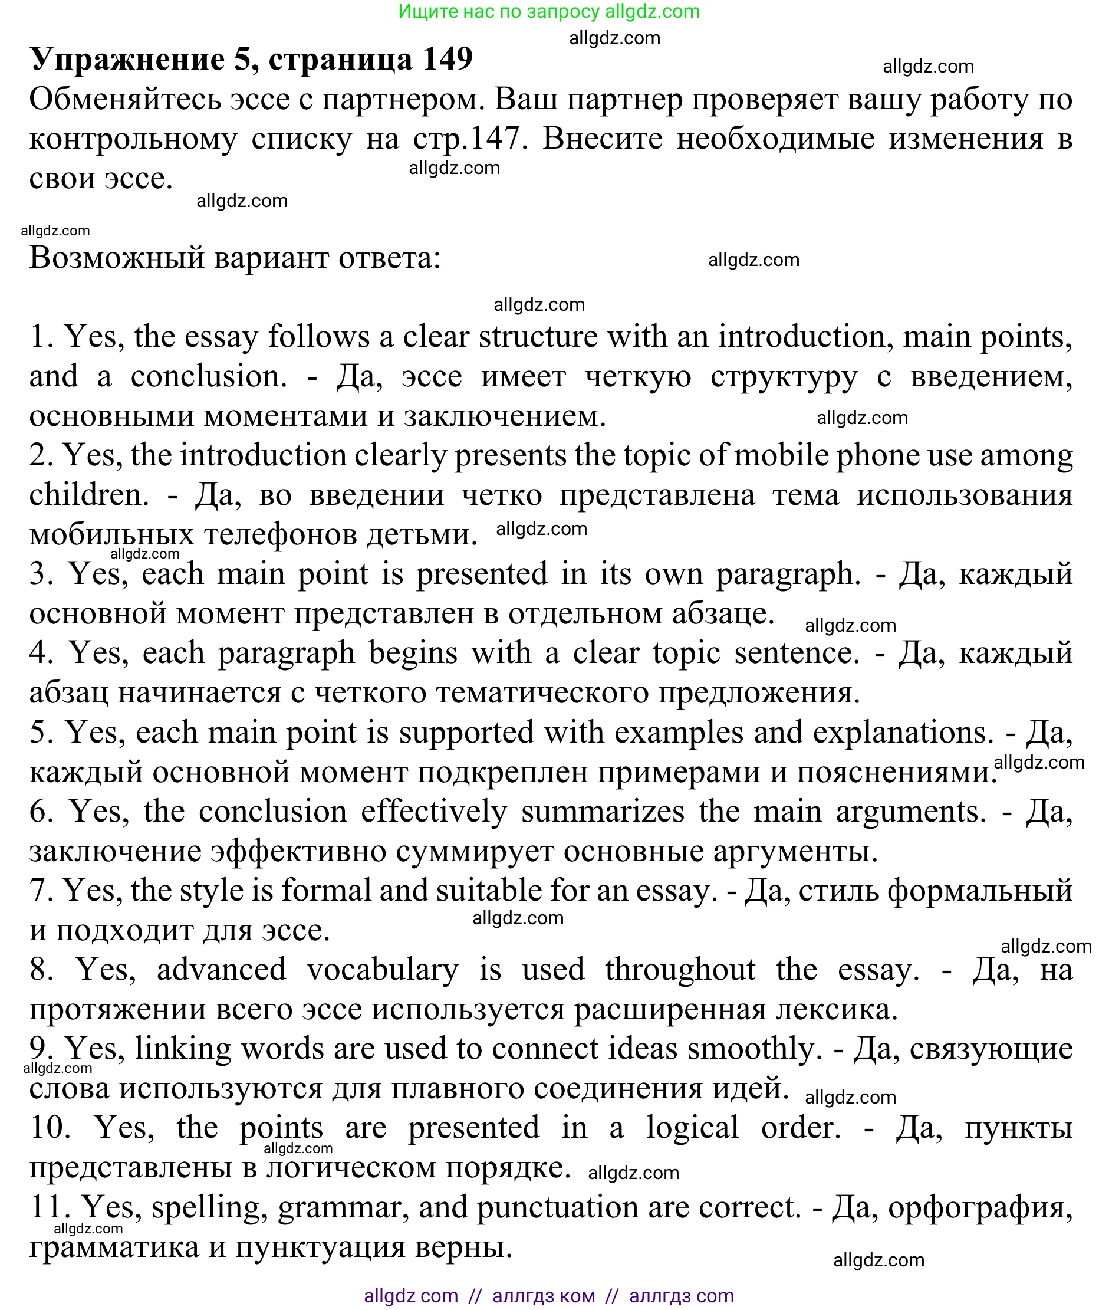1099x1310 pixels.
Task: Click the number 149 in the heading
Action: [x=448, y=59]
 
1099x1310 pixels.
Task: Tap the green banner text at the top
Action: [x=549, y=11]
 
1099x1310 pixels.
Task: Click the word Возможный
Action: [x=117, y=258]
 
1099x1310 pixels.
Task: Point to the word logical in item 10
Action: [x=692, y=1128]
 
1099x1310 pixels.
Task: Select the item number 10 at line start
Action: [x=50, y=1128]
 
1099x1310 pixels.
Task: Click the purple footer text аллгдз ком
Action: [x=543, y=1296]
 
